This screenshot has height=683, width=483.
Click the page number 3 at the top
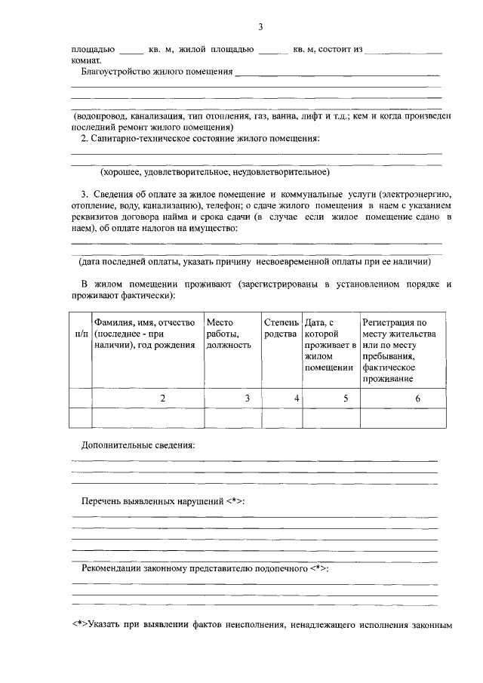point(260,28)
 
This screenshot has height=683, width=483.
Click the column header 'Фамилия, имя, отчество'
point(145,322)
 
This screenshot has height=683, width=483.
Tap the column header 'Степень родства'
point(281,328)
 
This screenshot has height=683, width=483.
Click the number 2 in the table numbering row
point(162,398)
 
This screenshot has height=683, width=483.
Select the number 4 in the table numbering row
point(297,398)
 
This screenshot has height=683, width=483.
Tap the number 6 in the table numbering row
point(417,398)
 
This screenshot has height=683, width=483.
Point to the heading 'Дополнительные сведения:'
point(137,445)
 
